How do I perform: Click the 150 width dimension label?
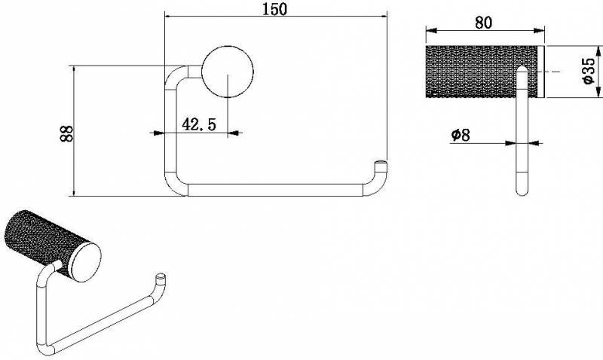(x=274, y=8)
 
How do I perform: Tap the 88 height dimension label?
(x=66, y=133)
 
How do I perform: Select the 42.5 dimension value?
(x=198, y=124)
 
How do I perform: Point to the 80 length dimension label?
(x=483, y=23)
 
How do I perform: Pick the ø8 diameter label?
(x=461, y=135)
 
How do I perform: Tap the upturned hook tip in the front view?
(x=381, y=163)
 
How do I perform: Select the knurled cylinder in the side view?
(x=482, y=72)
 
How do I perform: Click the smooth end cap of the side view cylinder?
(x=541, y=72)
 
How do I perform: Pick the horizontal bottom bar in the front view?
(x=276, y=191)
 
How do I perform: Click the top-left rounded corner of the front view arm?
(x=176, y=77)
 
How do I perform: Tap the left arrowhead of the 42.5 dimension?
(x=159, y=133)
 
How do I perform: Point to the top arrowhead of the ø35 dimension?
(x=598, y=51)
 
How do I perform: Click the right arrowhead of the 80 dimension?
(x=539, y=31)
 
